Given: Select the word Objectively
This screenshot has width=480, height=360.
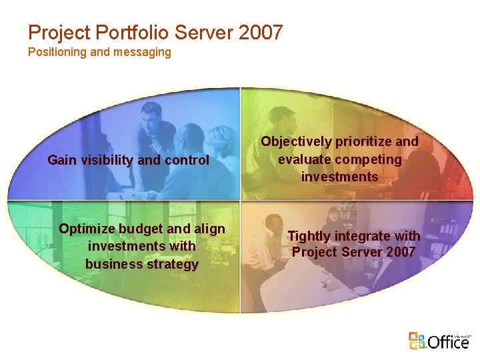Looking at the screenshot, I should (295, 141).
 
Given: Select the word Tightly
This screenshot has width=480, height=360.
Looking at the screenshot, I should (309, 236).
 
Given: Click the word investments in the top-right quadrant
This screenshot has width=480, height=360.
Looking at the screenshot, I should (339, 177).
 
